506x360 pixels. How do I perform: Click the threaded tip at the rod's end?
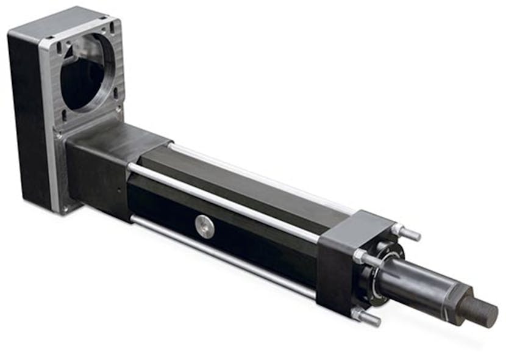click(482, 311)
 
